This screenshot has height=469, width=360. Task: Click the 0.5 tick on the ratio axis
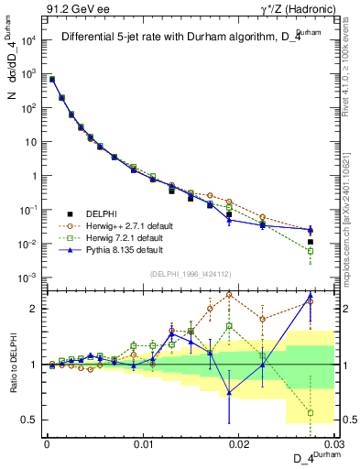click(33, 420)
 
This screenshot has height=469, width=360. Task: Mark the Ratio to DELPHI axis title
click(14, 364)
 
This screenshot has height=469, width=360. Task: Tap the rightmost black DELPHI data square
click(311, 242)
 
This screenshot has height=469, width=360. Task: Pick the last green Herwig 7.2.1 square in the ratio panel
click(311, 413)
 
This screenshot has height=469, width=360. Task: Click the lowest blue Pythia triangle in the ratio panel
click(229, 393)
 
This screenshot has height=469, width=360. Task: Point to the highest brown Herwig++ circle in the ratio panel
click(229, 295)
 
